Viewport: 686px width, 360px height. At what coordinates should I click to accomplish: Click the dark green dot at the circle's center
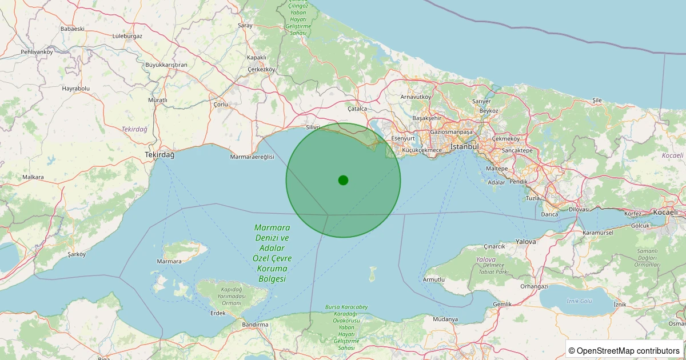point(343,180)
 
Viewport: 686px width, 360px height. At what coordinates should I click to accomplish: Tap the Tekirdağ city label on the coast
point(159,155)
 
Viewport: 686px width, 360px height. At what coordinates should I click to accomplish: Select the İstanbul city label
point(464,147)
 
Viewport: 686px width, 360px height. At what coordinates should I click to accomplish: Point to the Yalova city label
point(526,242)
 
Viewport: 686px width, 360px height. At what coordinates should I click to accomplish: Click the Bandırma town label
point(255,325)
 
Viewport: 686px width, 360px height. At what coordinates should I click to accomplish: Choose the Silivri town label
point(313,127)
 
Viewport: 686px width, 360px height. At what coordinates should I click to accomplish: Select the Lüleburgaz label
point(127,36)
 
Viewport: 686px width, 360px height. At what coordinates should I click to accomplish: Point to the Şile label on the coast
point(597,100)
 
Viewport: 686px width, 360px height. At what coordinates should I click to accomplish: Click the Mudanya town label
point(445,319)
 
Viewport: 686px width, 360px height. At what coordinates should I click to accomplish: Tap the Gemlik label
point(502,304)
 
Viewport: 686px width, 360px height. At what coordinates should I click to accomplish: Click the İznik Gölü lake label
point(579,301)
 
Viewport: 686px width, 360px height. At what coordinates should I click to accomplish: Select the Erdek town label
point(218,313)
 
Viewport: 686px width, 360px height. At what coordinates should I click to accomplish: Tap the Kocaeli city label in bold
point(664,212)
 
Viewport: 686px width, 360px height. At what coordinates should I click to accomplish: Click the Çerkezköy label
point(261,69)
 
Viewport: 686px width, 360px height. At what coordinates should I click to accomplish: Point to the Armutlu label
point(433,279)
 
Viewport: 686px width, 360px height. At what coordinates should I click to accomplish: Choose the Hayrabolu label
point(76,89)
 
